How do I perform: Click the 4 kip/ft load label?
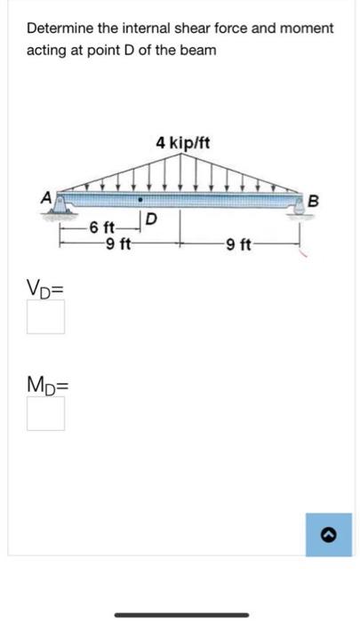(x=182, y=143)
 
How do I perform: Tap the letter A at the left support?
(x=47, y=197)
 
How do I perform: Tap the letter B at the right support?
(x=313, y=201)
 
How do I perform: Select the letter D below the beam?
(x=152, y=218)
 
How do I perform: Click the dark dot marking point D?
(x=140, y=200)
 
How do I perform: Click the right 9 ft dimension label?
(x=237, y=244)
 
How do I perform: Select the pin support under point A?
(x=60, y=206)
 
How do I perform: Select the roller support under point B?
(x=300, y=207)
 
